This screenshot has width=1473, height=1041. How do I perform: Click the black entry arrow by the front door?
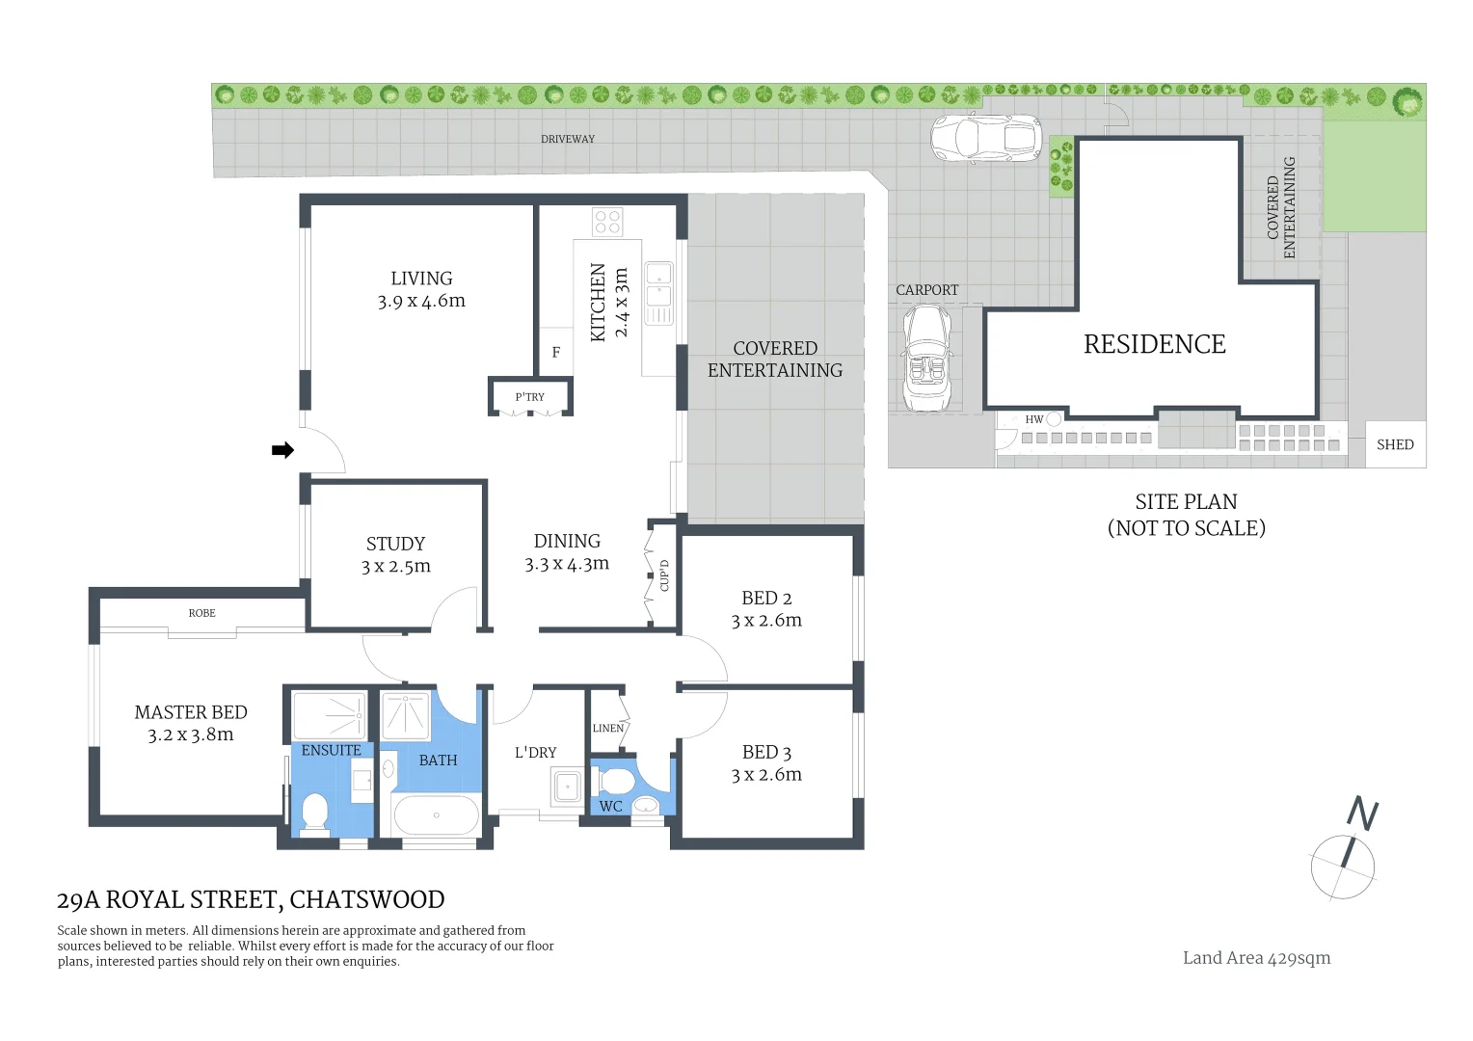[x=282, y=450]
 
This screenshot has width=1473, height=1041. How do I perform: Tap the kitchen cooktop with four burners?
[x=607, y=222]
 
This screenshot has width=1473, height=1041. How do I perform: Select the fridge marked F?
[x=555, y=353]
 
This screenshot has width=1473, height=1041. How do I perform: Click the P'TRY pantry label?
[x=529, y=397]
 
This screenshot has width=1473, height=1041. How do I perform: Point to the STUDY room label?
[x=395, y=544]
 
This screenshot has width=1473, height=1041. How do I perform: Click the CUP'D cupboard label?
[x=664, y=575]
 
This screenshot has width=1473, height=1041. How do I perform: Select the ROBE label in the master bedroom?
[x=201, y=613]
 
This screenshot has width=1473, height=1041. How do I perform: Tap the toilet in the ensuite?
[x=314, y=813]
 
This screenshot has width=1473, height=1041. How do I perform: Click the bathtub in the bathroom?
[x=436, y=815]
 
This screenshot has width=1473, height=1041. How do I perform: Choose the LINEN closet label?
[x=607, y=728]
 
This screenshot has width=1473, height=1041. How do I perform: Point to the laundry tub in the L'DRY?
[x=567, y=787]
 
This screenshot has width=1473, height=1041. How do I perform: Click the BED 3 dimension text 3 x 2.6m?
[x=766, y=775]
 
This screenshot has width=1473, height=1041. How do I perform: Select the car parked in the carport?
[x=926, y=359]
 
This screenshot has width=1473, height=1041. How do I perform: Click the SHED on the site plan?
[x=1395, y=444]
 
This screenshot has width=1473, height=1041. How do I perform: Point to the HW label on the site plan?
[x=1033, y=419]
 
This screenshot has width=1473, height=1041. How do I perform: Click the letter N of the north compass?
[x=1362, y=814]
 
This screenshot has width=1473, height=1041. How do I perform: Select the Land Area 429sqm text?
[x=1256, y=957]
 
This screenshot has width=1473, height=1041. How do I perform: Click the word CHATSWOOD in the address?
[x=367, y=900]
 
